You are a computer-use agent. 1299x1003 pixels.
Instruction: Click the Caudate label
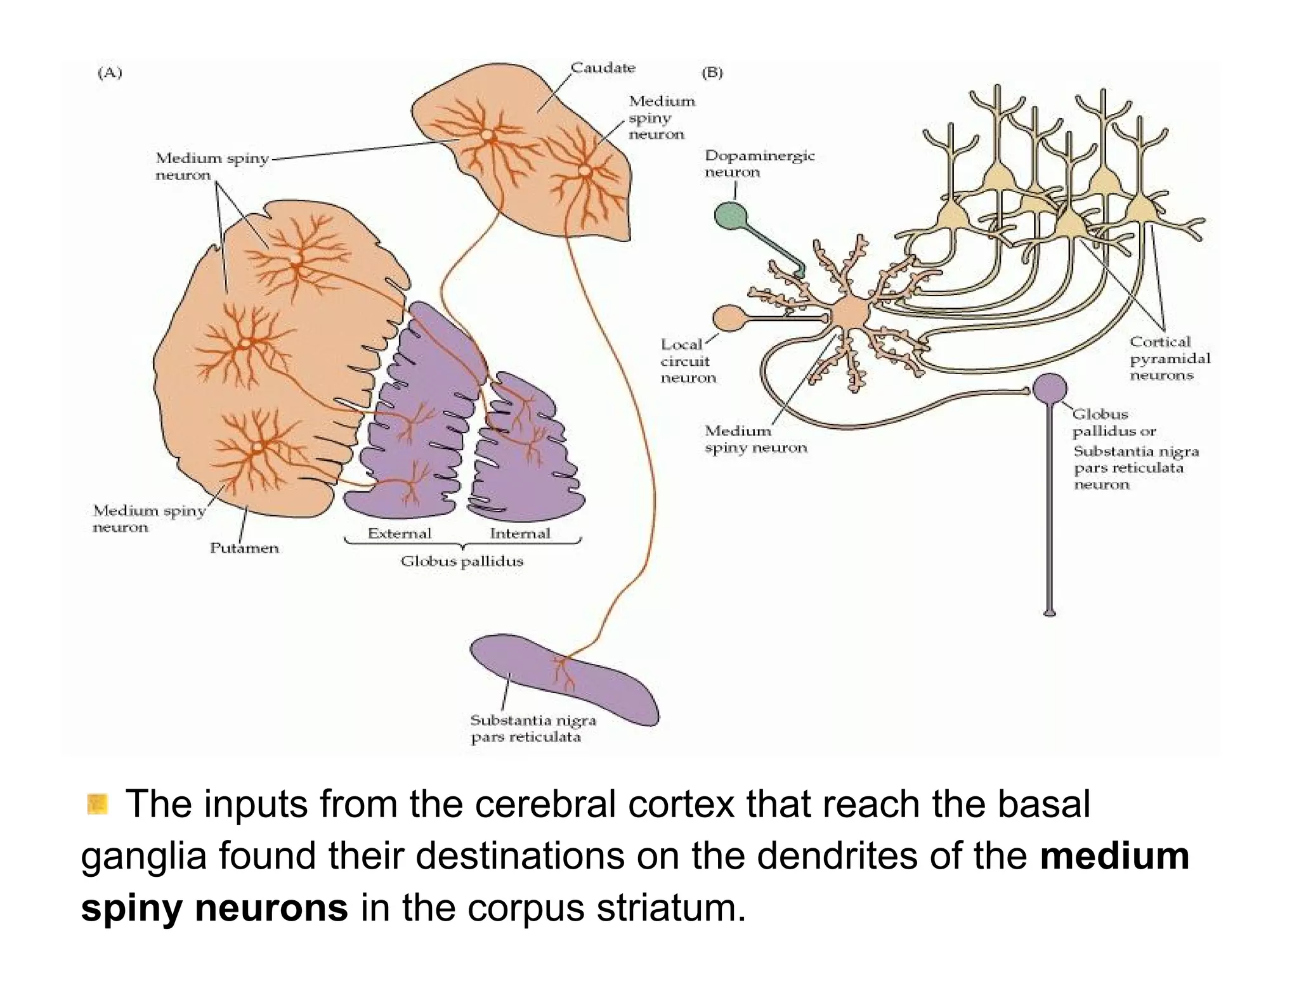[602, 68]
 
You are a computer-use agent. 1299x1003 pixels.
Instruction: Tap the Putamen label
[244, 548]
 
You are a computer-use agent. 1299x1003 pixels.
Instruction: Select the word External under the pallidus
[399, 533]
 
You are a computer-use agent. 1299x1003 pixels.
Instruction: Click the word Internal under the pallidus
[519, 533]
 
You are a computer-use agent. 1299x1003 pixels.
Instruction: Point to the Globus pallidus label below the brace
[462, 561]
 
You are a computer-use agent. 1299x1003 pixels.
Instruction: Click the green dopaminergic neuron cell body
[731, 216]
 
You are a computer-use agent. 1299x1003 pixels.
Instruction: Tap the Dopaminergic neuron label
[759, 164]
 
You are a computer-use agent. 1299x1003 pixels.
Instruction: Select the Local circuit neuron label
[688, 361]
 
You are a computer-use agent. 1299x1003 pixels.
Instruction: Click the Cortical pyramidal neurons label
[1169, 358]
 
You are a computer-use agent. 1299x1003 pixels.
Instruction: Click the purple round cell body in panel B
[1050, 387]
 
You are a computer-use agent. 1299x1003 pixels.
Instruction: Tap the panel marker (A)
[109, 73]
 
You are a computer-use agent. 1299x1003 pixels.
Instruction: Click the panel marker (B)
[712, 73]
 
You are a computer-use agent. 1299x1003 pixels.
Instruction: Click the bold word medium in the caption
[1114, 856]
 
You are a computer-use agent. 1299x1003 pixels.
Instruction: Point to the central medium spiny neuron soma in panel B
[849, 313]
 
